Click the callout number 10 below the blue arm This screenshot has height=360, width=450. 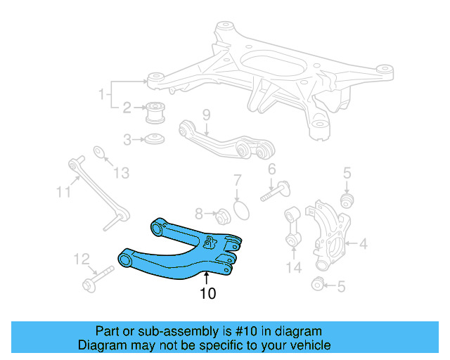coord(207,293)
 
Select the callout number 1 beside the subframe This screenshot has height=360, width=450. coord(102,93)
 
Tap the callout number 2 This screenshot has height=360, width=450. coord(127,108)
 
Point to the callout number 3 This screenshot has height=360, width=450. coord(127,140)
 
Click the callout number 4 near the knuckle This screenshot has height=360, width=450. coord(363,244)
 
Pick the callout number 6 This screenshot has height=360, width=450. coord(271,169)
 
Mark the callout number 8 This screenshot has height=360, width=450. coord(199,213)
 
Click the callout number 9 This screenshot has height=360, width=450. coord(207,115)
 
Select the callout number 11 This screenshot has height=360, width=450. coord(64,191)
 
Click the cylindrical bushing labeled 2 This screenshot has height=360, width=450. coord(155,112)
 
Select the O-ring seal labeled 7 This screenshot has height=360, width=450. coord(240,210)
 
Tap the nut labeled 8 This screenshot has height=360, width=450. coord(219,214)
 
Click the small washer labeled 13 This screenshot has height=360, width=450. coord(100,152)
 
